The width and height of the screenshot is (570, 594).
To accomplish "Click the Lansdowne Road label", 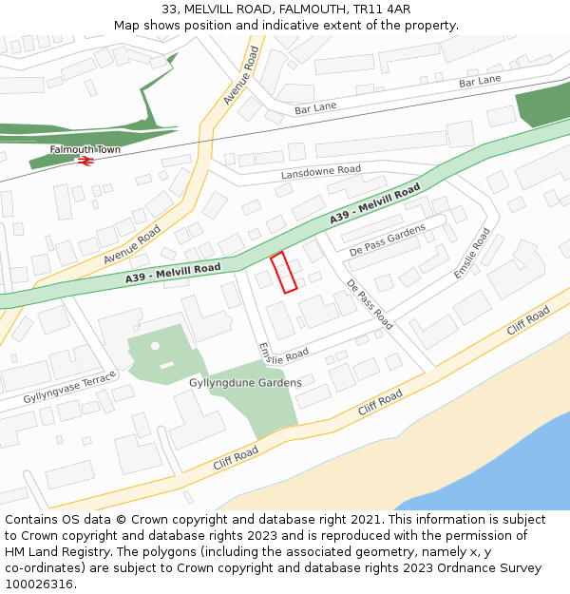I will [321, 172].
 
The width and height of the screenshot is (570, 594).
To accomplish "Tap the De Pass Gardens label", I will [388, 241].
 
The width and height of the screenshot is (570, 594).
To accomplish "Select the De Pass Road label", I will [369, 304].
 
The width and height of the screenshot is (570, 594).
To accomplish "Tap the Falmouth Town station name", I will [85, 150].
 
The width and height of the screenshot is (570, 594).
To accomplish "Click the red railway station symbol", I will [85, 162].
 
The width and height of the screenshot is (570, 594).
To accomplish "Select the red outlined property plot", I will [284, 272].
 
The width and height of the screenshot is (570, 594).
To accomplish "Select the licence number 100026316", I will [39, 584].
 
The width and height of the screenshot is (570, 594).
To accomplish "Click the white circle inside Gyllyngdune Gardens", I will [155, 345].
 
